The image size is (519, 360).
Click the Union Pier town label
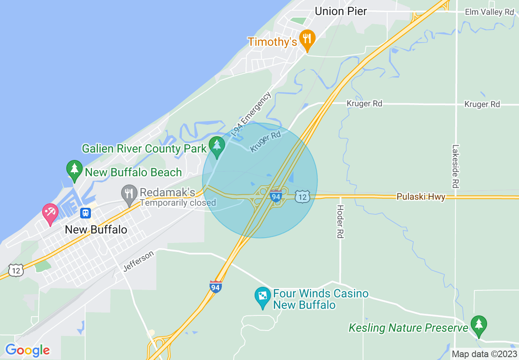[341, 11]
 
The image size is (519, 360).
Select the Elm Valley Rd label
[489, 12]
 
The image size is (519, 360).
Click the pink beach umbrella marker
[50, 213]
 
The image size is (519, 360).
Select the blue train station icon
[86, 213]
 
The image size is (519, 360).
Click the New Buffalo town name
[96, 229]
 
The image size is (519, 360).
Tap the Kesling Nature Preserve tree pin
[478, 325]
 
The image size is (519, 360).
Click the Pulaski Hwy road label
[421, 197]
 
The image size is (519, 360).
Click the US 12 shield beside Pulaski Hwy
[302, 196]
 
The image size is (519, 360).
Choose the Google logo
[27, 351]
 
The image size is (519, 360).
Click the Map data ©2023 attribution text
[484, 354]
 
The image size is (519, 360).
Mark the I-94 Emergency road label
[250, 115]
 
